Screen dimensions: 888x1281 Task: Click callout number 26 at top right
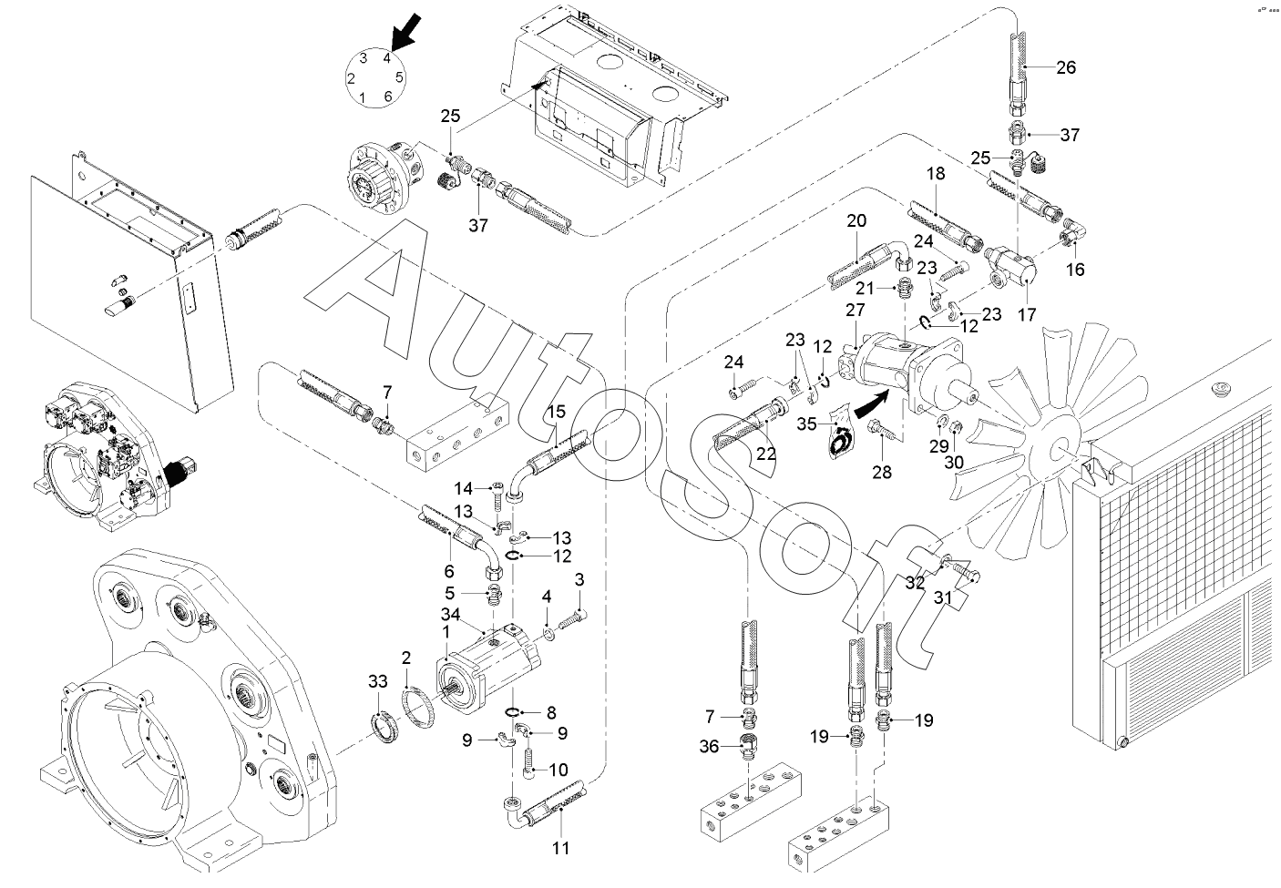pos(1066,66)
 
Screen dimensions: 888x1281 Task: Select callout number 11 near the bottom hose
pos(560,848)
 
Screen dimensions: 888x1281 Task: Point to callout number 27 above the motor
pos(855,310)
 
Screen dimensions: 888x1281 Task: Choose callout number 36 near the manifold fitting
pos(709,747)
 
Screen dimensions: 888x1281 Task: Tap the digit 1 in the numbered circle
pos(363,97)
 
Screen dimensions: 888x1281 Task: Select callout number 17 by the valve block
pos(1028,314)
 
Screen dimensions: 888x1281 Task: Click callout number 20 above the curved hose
pos(856,220)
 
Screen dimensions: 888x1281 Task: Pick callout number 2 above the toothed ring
pos(406,658)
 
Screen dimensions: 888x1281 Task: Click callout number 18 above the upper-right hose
pos(936,173)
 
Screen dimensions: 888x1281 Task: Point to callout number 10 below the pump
pos(558,769)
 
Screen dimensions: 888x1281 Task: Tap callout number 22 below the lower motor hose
pos(767,453)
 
